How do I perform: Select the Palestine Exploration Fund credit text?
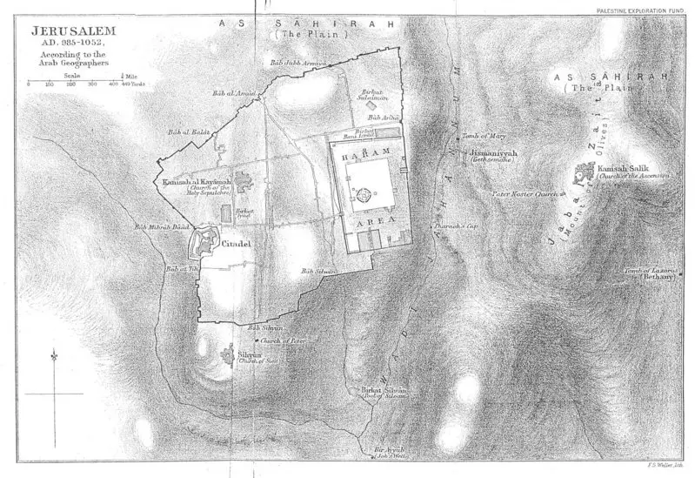coord(643,7)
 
